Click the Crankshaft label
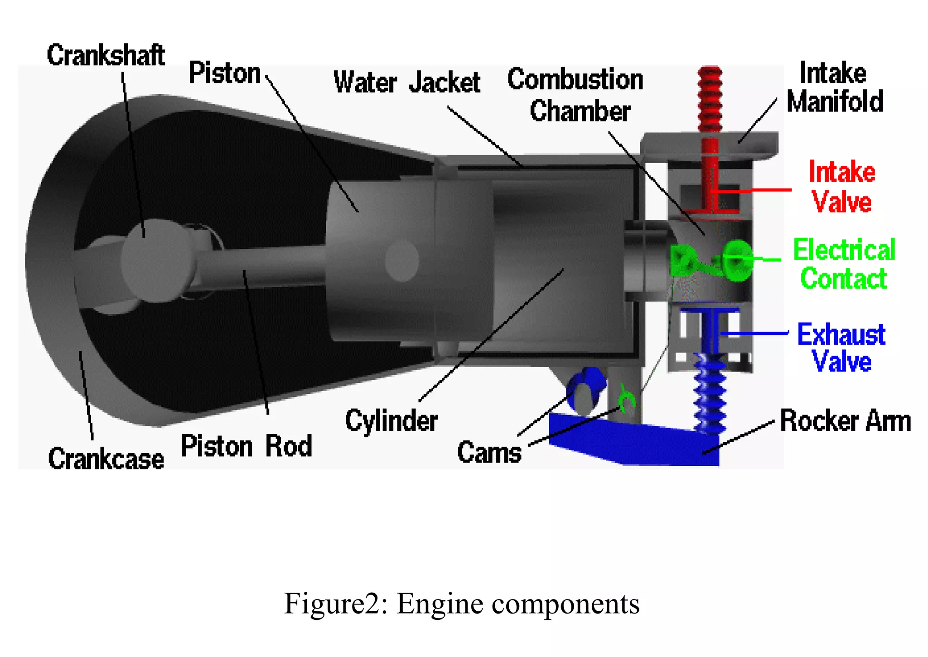[106, 55]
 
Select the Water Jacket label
[406, 82]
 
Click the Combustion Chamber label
[575, 95]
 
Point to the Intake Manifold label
[835, 87]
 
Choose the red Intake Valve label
[842, 186]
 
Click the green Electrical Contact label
[844, 264]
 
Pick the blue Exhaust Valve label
[841, 348]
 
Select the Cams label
[489, 452]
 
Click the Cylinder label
[391, 420]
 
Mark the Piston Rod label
[246, 446]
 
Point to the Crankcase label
[106, 459]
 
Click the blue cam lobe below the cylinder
[585, 390]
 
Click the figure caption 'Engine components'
[461, 604]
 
